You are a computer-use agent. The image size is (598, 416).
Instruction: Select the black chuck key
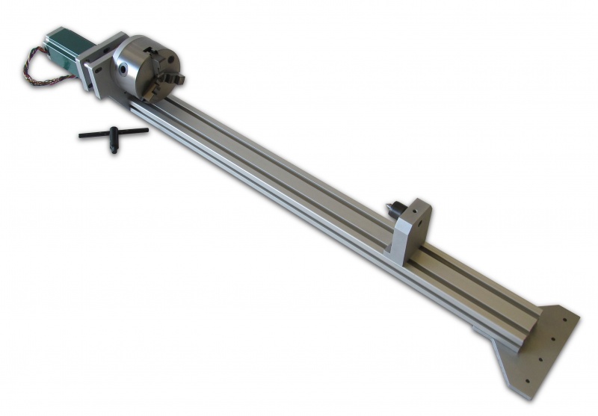113,137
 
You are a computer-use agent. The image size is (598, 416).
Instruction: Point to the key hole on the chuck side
122,67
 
